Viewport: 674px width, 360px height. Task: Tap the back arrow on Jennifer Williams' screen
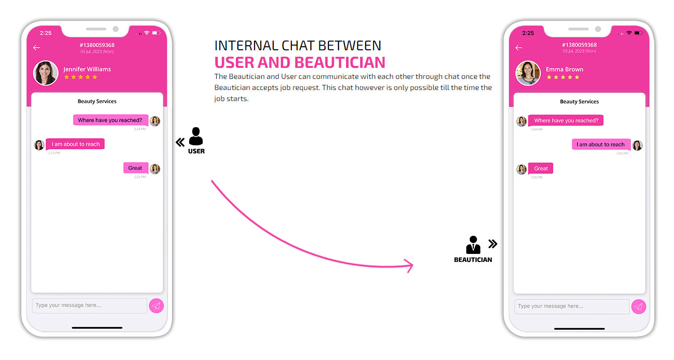(36, 48)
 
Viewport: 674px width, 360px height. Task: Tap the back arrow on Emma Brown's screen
(519, 48)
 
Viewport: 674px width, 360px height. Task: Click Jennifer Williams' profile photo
(46, 73)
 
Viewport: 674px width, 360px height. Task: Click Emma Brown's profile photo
(528, 73)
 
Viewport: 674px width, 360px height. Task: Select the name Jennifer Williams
(87, 69)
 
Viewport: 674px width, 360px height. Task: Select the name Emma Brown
(564, 69)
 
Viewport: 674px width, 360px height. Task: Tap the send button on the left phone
(156, 306)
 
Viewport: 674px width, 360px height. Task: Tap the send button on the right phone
(638, 307)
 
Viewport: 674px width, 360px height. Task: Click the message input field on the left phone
(90, 306)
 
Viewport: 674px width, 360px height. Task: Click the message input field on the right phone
(572, 307)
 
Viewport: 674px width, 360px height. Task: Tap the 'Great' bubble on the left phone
(136, 168)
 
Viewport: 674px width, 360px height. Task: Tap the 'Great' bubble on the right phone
(540, 168)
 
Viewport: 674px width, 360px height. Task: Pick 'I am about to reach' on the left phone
(75, 144)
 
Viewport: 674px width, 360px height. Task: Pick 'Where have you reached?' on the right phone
(566, 120)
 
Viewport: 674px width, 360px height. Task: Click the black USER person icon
(196, 136)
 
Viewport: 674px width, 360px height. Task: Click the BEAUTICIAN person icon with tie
(473, 245)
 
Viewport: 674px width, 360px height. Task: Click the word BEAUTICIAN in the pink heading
(340, 62)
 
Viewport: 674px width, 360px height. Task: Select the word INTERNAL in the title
(246, 46)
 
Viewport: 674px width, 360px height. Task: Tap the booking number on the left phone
(97, 45)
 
